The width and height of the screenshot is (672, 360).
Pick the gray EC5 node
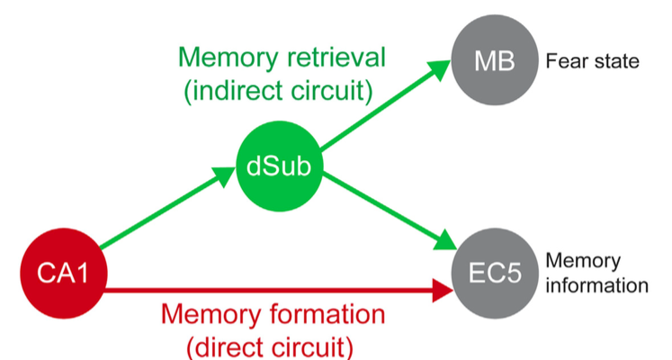coord(497,274)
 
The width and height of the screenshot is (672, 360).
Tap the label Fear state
coord(591,63)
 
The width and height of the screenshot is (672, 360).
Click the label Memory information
coord(595,274)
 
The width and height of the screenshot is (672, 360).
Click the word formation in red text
coord(327,317)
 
